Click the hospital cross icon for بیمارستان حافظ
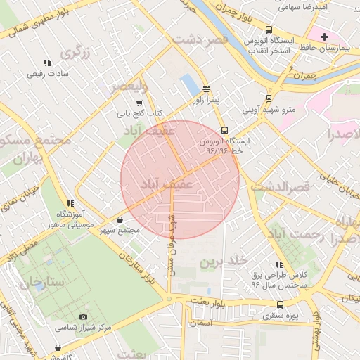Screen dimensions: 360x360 tap(324, 36)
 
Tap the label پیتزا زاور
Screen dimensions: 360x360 tap(206, 101)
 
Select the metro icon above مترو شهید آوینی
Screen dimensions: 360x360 tap(269, 99)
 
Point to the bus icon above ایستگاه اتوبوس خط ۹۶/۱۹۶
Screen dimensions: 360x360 tap(224, 130)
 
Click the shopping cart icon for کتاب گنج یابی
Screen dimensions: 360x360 tap(139, 102)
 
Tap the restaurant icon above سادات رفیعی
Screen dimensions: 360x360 tap(46, 63)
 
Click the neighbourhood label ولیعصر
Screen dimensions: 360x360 tap(129, 87)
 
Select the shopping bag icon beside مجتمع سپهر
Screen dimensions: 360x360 tap(120, 220)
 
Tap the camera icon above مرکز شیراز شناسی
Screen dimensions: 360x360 tap(84, 317)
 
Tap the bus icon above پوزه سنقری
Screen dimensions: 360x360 tap(281, 304)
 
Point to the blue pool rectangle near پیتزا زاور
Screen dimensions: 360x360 tap(189, 84)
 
